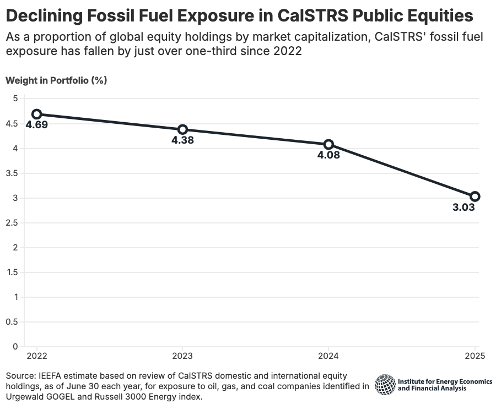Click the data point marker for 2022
36,114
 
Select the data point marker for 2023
182,129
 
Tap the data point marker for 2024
328,144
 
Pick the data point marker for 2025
475,196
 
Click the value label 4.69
36,125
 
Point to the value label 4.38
182,140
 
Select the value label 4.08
328,155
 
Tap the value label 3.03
463,208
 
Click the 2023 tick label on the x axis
182,356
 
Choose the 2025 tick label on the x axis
475,356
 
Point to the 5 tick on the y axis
15,99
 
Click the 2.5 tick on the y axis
12,223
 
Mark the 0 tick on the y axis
15,347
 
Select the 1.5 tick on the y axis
12,272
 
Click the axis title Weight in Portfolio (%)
56,80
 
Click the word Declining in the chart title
45,15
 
